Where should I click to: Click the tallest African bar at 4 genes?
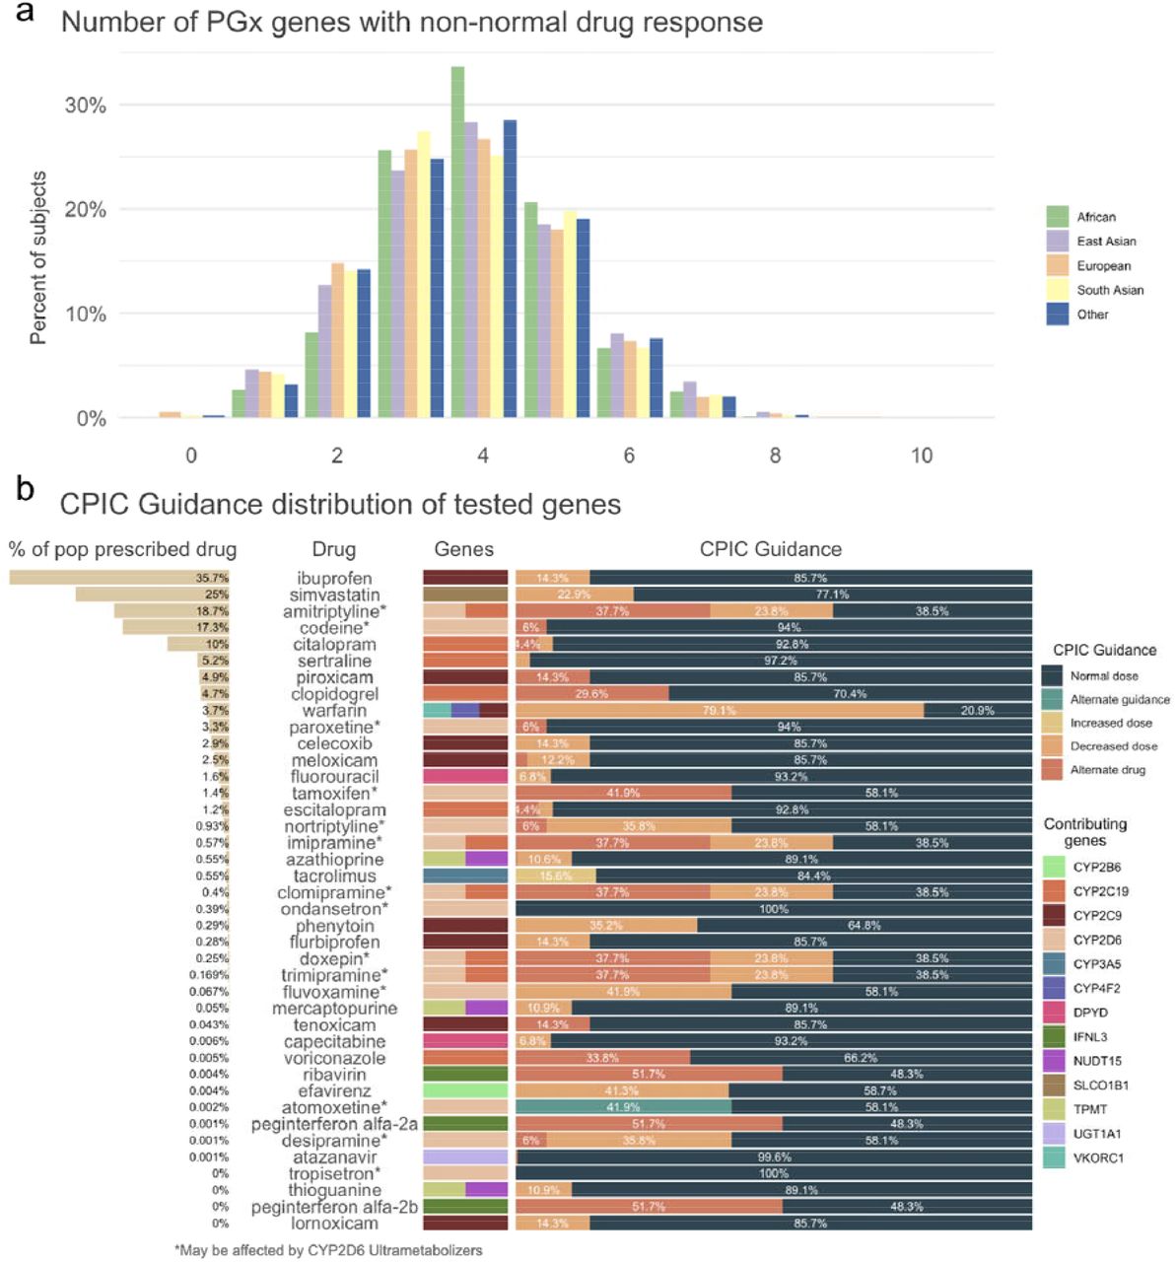[457, 242]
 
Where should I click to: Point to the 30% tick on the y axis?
[85, 105]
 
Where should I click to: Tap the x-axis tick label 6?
[629, 456]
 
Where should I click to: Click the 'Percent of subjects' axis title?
[38, 257]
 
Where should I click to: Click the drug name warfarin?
[334, 711]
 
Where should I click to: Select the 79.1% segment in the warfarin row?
[720, 711]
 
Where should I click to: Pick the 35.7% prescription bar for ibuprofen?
[118, 578]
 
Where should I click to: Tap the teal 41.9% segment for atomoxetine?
[623, 1107]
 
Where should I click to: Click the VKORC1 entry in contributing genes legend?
[1097, 1158]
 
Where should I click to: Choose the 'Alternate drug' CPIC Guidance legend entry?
[1107, 770]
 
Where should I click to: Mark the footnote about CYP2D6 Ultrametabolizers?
[328, 1250]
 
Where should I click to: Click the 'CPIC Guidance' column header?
[770, 549]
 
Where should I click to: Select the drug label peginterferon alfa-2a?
[334, 1124]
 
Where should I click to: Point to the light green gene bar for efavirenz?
[465, 1090]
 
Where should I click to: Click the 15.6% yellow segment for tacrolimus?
[555, 876]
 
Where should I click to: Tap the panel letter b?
[25, 488]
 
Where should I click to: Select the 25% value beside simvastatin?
[216, 595]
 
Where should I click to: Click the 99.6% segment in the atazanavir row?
[774, 1157]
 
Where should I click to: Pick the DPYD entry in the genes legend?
[1089, 1013]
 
